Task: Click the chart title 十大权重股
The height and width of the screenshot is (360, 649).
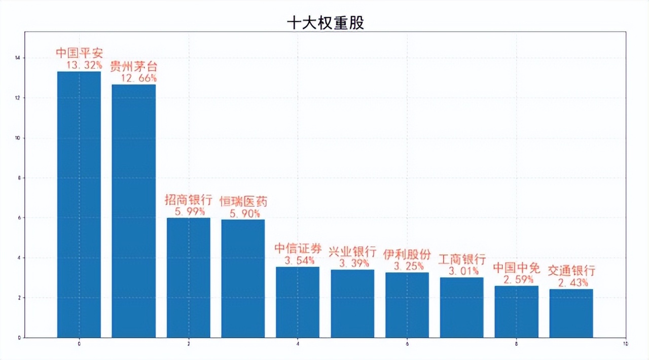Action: pos(325,23)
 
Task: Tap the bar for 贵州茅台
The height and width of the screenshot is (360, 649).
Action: pos(134,211)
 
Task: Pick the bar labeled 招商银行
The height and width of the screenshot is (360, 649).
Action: pos(189,277)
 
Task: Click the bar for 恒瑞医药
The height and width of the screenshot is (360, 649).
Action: pos(243,278)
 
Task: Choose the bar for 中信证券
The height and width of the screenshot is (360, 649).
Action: pos(298,302)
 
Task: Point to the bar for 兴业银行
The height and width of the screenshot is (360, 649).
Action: pos(352,303)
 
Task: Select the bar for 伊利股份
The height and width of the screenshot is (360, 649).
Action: pos(407,305)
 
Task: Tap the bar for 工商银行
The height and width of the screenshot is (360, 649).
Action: pos(462,307)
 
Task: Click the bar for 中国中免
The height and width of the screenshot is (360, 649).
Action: pos(516,311)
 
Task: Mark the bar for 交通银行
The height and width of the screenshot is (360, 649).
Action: pos(571,313)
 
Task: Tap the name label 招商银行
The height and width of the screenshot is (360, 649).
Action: pos(189,199)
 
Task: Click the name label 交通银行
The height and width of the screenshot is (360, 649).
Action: pos(571,271)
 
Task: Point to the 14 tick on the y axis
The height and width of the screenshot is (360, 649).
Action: pos(18,58)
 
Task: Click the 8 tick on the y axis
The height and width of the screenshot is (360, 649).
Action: pos(19,178)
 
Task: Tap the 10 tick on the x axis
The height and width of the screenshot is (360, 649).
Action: pos(625,344)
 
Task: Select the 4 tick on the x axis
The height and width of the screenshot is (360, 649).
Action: pos(298,344)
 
